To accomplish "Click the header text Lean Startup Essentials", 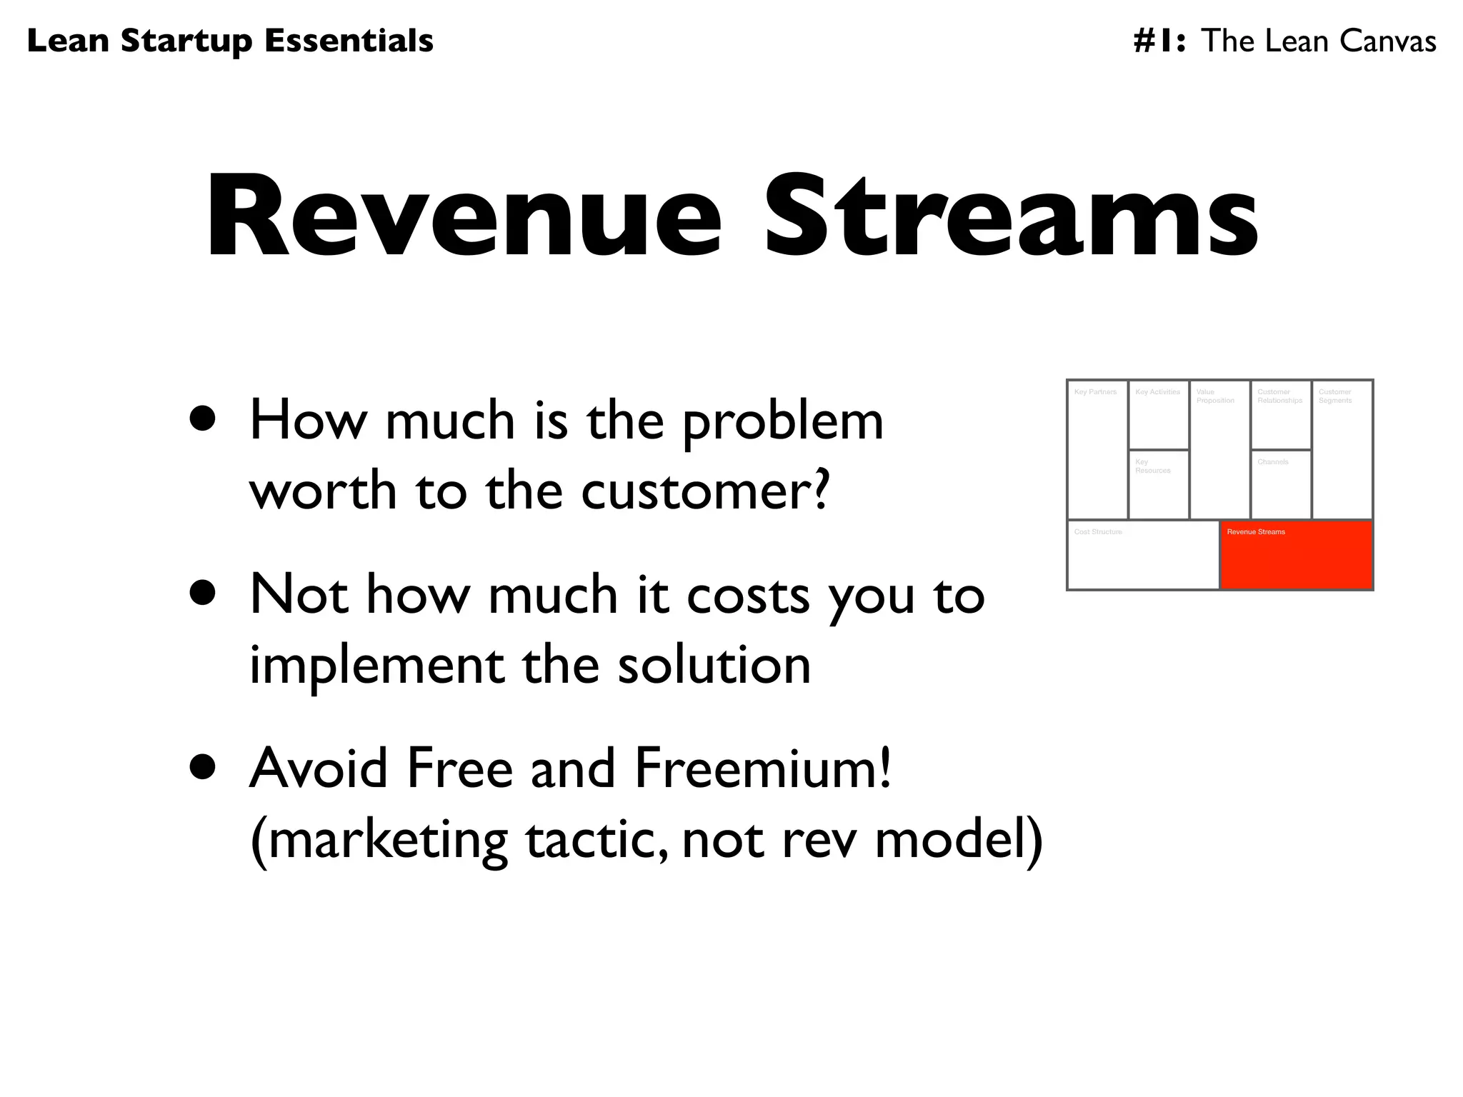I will (x=230, y=41).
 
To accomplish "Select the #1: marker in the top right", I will (x=1159, y=41).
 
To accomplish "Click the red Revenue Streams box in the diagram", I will (x=1296, y=556).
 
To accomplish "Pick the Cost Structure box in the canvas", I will (x=1143, y=556).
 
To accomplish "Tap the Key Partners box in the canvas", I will (x=1097, y=450).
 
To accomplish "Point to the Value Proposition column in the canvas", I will (x=1219, y=450).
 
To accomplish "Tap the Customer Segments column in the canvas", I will (x=1342, y=450).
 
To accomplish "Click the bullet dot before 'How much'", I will (x=203, y=419).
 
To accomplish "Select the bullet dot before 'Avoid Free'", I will (x=203, y=767).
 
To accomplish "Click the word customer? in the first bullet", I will (x=706, y=491).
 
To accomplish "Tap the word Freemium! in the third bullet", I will (x=763, y=768).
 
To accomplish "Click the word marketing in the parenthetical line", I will (x=388, y=840).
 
